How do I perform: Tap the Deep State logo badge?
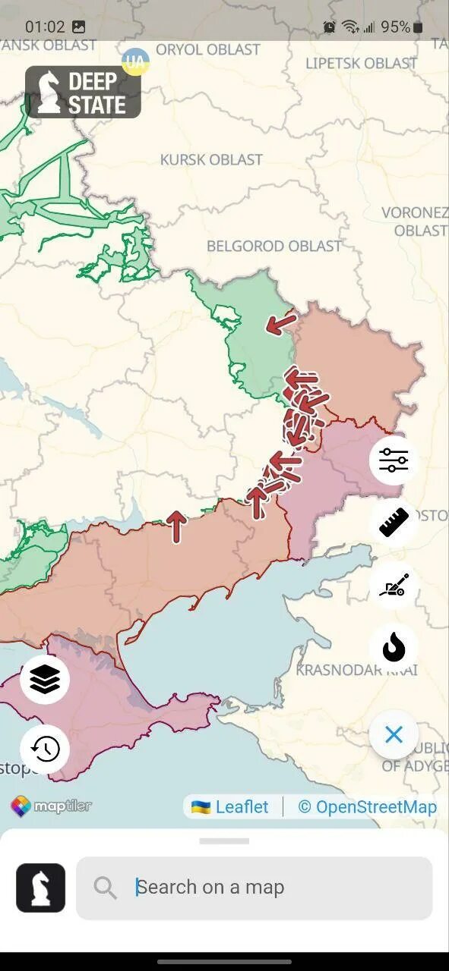[83, 93]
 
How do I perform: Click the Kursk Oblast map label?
[211, 159]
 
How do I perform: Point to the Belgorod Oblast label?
[274, 246]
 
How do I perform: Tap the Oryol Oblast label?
[207, 49]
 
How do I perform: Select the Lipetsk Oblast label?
[362, 62]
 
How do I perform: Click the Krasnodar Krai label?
[356, 670]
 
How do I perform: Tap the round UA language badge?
[135, 61]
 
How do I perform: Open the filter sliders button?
[394, 460]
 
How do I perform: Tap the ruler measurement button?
[394, 523]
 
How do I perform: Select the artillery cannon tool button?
[394, 585]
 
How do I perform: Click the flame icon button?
[394, 647]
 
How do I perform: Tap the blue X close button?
[394, 734]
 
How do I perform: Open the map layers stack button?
[45, 680]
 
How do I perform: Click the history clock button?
[45, 749]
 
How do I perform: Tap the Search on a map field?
[255, 887]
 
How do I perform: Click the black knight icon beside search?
[40, 888]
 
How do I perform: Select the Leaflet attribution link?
[231, 807]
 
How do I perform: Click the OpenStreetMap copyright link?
[368, 807]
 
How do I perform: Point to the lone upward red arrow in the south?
[176, 526]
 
